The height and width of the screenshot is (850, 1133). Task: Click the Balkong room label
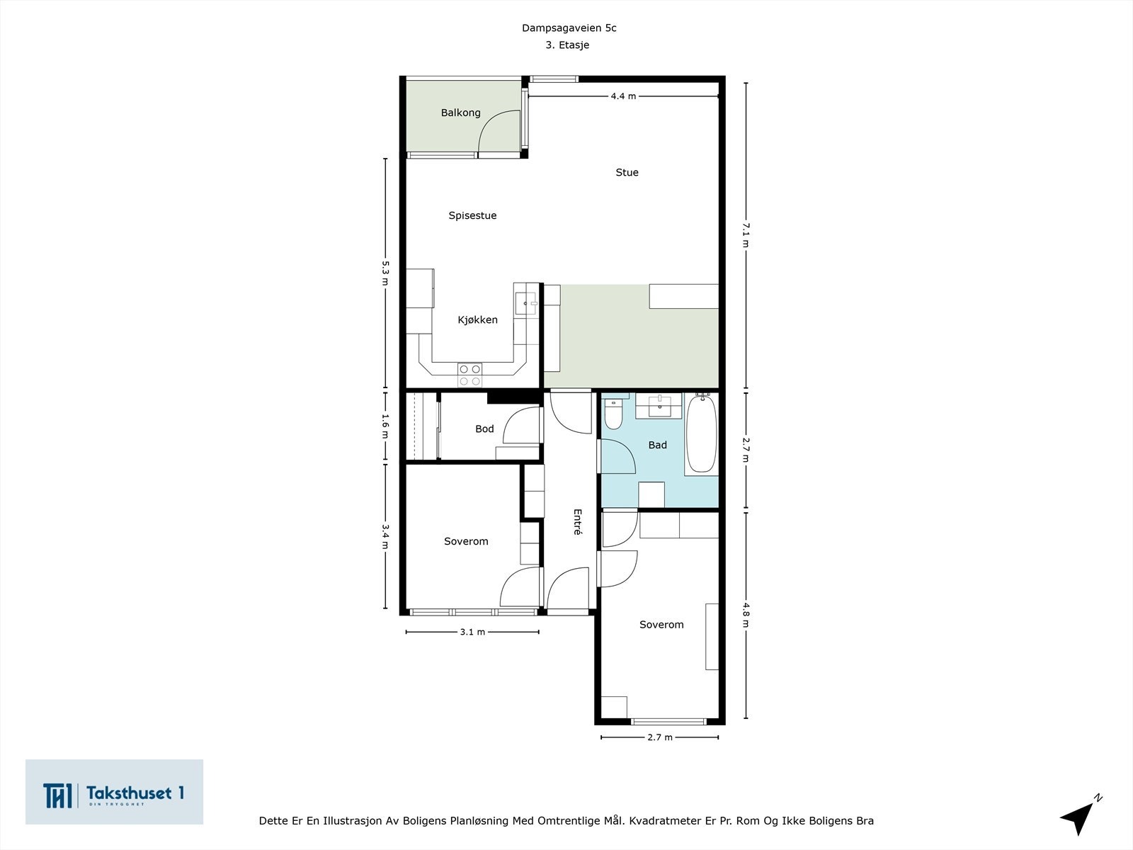460,113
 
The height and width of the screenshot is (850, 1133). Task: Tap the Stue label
627,172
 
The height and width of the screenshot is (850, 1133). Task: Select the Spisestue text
472,216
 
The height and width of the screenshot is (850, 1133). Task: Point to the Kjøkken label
477,320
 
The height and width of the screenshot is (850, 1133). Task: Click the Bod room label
484,429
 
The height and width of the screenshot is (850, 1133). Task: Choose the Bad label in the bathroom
657,445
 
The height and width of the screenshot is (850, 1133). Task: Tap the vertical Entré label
578,522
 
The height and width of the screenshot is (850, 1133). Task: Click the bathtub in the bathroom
702,433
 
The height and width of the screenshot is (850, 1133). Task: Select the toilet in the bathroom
613,413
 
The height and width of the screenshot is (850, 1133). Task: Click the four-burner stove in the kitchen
469,375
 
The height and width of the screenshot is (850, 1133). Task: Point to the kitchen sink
526,303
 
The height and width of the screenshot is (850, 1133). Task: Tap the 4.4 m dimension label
623,96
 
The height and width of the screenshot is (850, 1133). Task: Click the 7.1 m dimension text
746,235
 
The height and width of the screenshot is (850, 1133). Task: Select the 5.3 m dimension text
385,273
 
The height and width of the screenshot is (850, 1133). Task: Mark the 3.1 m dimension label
472,633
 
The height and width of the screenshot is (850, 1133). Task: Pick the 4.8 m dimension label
746,615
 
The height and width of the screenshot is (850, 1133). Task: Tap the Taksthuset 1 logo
114,792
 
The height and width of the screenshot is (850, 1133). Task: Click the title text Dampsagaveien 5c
569,28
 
